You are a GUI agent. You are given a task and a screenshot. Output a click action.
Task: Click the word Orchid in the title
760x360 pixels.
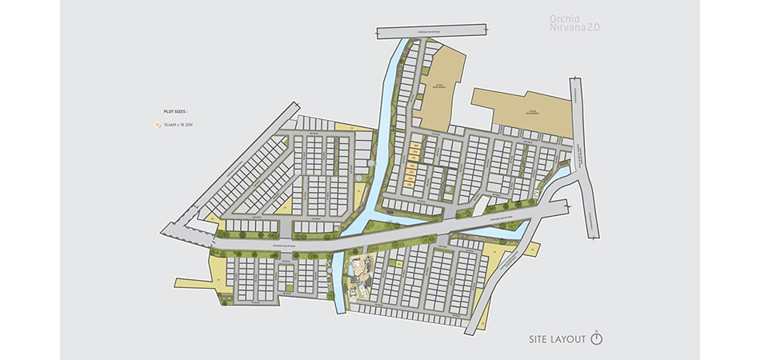click(565, 18)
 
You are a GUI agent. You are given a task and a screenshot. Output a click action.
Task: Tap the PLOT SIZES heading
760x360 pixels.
click(175, 113)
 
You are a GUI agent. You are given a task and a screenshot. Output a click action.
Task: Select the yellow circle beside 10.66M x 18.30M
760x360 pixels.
click(158, 125)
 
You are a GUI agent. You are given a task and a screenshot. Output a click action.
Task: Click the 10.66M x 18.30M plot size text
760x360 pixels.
click(179, 125)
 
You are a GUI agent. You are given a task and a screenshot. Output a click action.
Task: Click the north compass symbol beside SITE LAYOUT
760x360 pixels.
click(596, 338)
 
